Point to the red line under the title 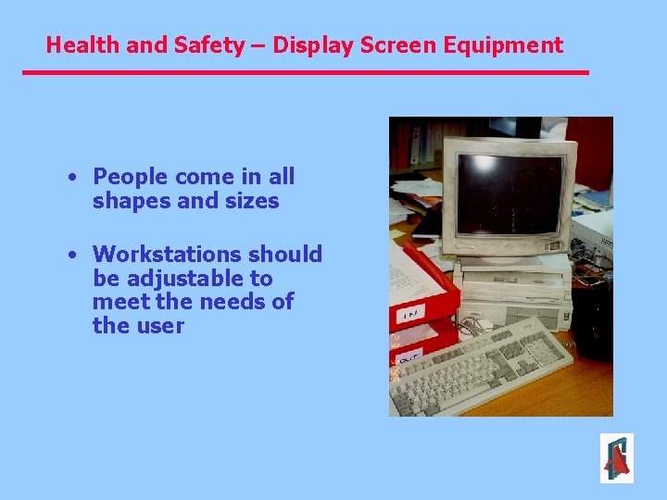[306, 72]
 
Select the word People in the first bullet [131, 177]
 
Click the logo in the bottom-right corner [616, 458]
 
